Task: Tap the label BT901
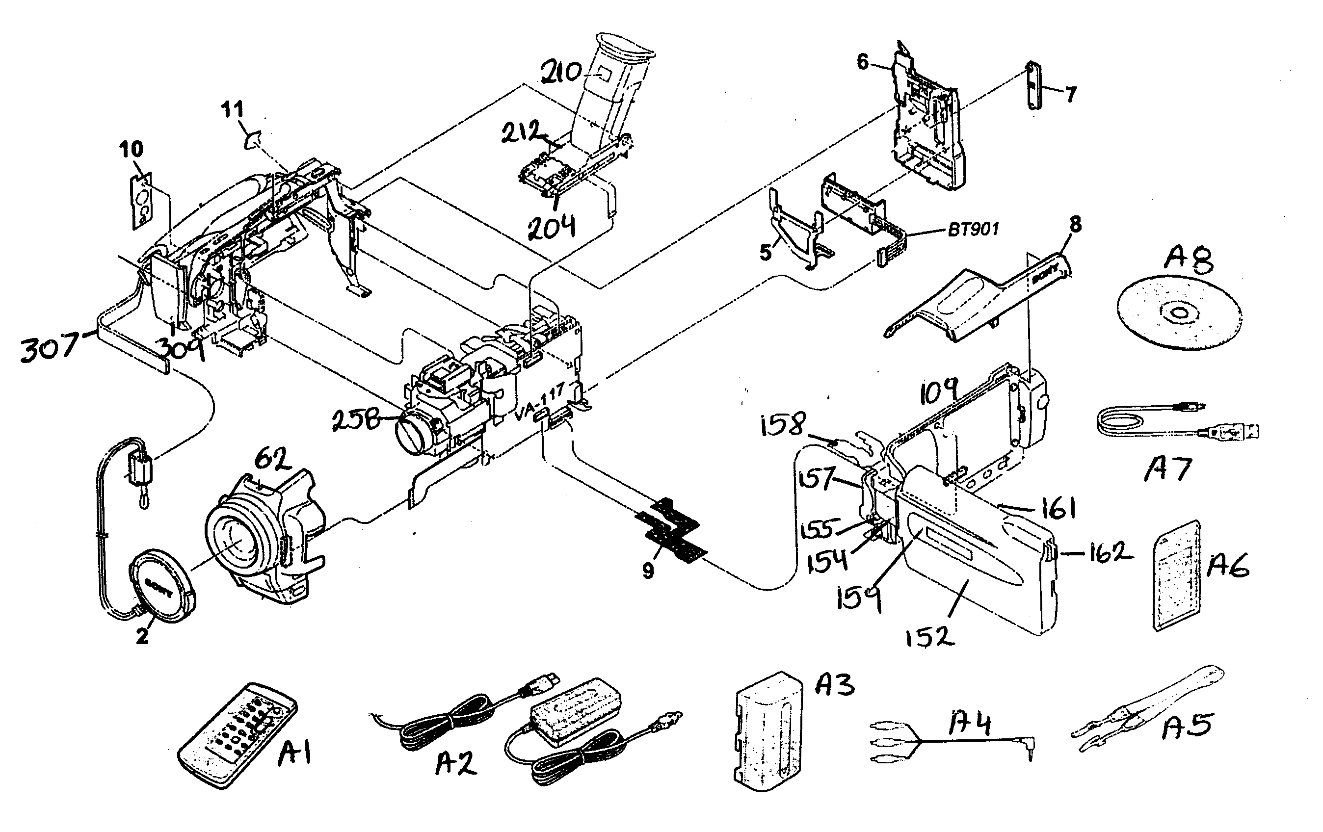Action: tap(973, 229)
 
